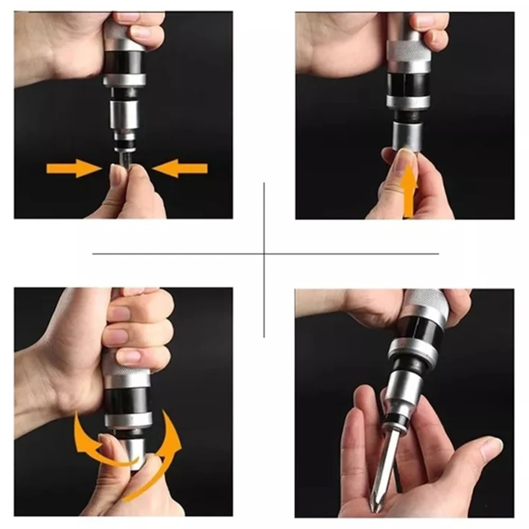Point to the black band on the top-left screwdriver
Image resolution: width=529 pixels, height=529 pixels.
point(124,63)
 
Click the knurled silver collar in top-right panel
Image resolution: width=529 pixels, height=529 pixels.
point(408,50)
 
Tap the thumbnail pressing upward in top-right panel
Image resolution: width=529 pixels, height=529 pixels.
point(406,159)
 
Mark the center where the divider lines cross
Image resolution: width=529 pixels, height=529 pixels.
point(264,254)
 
